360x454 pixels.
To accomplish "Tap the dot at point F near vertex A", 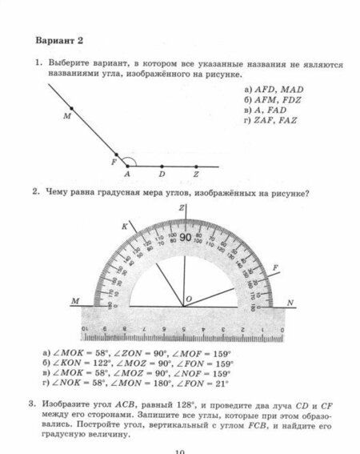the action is (x=116, y=155).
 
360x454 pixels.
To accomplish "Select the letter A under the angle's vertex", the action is (x=126, y=174).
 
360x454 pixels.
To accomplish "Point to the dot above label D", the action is (x=161, y=165).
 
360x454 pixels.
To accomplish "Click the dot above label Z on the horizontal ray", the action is (x=194, y=165).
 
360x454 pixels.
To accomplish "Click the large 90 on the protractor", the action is (x=185, y=238).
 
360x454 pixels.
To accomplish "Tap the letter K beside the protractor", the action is (x=125, y=227).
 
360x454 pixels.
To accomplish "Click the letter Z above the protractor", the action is (x=182, y=208).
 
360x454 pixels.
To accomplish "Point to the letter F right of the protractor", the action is (x=275, y=266).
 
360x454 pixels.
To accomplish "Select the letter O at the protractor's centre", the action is (x=189, y=299).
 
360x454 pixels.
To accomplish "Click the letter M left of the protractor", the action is (x=75, y=301).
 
